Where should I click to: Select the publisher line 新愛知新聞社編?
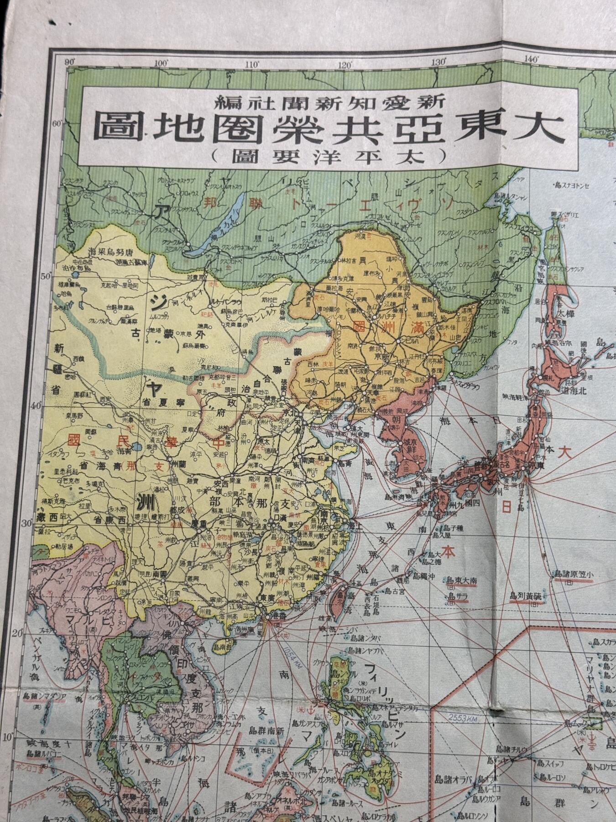[329, 99]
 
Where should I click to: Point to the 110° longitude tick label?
[252, 64]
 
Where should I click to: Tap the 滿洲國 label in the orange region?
[383, 328]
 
